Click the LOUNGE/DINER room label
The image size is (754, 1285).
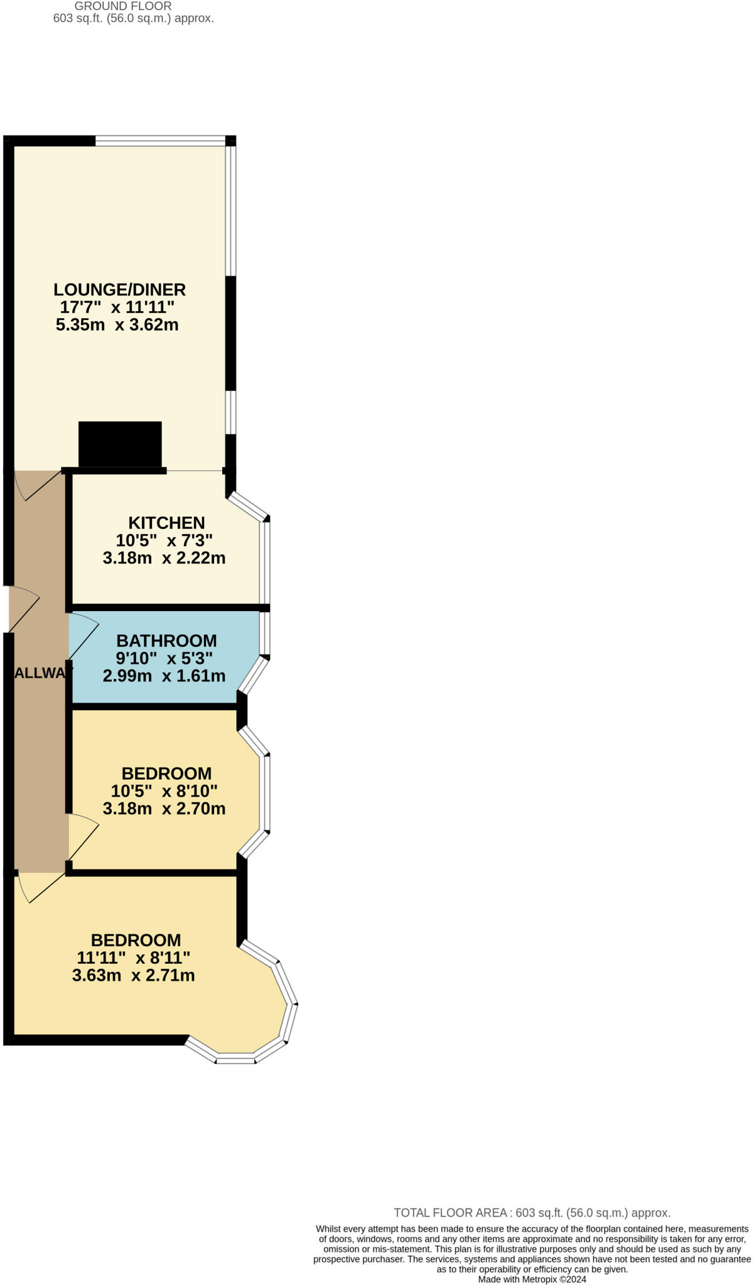click(x=119, y=289)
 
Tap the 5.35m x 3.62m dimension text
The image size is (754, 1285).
click(x=117, y=325)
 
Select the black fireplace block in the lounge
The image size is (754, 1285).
click(x=120, y=444)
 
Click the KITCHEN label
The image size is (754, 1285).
click(x=166, y=523)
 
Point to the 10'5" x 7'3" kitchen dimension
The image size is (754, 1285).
click(x=164, y=540)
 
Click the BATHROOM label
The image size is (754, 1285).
click(x=166, y=641)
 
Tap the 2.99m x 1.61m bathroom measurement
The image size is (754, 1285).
click(x=164, y=676)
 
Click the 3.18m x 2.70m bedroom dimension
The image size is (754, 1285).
click(x=164, y=809)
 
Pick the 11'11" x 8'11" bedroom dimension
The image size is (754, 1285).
click(x=133, y=957)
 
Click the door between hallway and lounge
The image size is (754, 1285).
click(x=38, y=486)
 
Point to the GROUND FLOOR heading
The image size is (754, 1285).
click(x=123, y=6)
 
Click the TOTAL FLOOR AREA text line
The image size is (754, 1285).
click(x=532, y=1213)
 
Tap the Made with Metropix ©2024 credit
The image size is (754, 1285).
click(x=532, y=1279)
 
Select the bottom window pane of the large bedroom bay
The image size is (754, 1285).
click(x=235, y=1060)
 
